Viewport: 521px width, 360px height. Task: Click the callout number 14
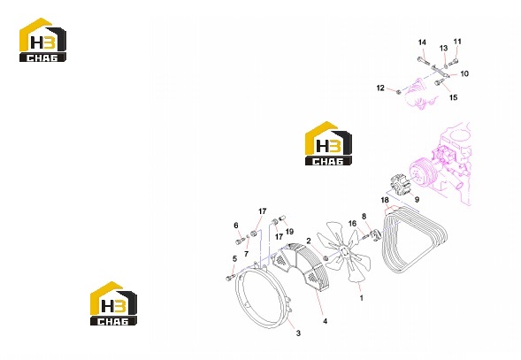tap(422, 42)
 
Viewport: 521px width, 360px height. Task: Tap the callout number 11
tap(457, 42)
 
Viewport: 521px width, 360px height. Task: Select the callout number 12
tap(380, 88)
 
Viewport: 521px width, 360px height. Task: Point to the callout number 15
tap(453, 97)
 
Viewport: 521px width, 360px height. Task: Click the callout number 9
tap(417, 199)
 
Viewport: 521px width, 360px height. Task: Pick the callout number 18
tap(385, 200)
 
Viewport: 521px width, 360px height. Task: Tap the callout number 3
tap(298, 333)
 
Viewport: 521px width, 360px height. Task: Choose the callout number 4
tap(325, 321)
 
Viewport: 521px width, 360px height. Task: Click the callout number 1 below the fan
tap(362, 298)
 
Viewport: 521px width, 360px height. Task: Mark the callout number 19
tap(289, 232)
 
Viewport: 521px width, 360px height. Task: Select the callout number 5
tap(234, 258)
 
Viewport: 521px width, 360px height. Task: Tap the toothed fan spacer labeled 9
tap(401, 188)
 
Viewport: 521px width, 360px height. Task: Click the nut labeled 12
tap(399, 91)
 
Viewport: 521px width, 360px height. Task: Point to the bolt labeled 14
tap(424, 61)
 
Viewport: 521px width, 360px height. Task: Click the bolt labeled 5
tap(230, 278)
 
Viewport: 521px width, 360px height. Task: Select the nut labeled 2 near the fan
tap(326, 257)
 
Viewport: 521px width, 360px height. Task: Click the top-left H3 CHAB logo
tap(42, 40)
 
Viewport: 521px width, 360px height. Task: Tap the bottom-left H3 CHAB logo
tap(113, 303)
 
